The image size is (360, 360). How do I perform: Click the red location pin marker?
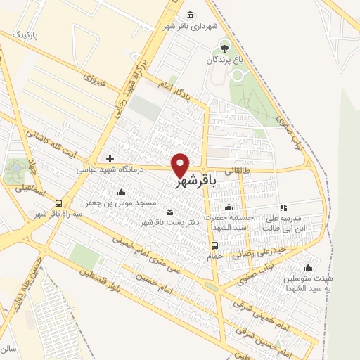click(181, 165)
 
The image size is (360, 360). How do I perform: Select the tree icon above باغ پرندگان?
click(224, 48)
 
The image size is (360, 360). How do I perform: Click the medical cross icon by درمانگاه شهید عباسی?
click(110, 157)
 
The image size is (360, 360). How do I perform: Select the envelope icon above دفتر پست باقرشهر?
click(169, 212)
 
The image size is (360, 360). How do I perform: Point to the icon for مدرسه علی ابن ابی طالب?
click(283, 208)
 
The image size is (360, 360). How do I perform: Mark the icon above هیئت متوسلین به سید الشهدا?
click(307, 267)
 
